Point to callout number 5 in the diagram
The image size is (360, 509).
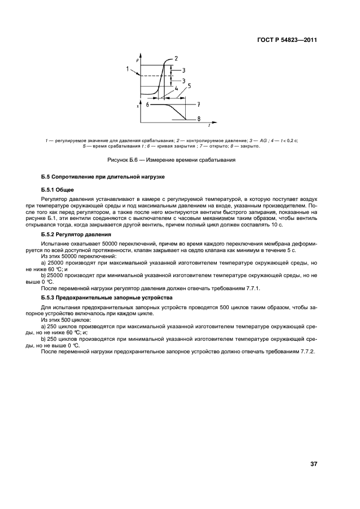(x=189, y=85)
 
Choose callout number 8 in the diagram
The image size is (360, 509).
(x=199, y=119)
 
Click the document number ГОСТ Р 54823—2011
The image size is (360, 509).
(x=286, y=40)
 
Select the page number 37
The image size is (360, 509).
(x=313, y=464)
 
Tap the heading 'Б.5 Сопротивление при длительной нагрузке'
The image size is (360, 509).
(x=102, y=177)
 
